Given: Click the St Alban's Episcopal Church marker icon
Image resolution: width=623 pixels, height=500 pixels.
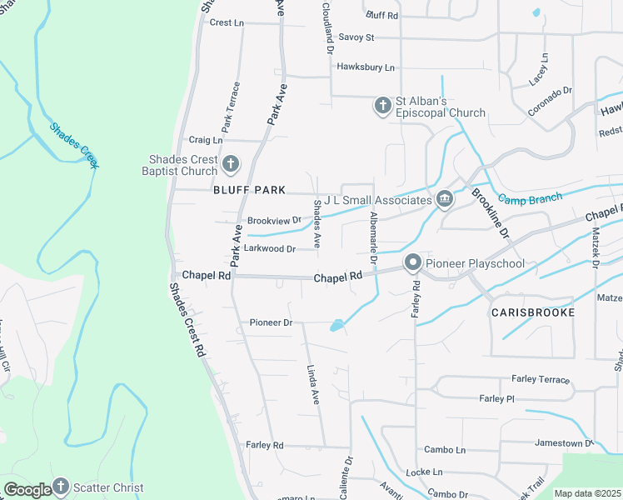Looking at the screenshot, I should click(382, 105).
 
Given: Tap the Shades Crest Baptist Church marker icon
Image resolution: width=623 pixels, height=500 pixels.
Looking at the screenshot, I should click(231, 164).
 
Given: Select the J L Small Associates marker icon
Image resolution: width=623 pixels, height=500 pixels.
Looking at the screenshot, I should click(444, 199).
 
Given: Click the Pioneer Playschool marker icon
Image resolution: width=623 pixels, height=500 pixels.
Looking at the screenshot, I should click(412, 264).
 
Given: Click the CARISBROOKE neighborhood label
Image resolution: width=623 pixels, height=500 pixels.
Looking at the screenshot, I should click(532, 312).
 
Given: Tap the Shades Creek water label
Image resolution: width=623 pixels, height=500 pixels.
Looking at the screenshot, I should click(74, 145).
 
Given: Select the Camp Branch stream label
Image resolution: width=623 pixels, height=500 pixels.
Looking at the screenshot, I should click(530, 198).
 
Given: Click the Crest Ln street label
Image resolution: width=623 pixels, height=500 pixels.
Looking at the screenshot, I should click(227, 22).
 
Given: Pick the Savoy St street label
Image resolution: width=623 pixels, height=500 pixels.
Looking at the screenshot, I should click(357, 37).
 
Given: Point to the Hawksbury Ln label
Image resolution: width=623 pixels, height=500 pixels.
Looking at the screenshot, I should click(366, 67).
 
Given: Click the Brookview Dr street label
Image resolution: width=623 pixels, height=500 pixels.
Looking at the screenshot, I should click(274, 221).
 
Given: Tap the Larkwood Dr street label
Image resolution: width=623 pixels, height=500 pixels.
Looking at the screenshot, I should click(268, 248).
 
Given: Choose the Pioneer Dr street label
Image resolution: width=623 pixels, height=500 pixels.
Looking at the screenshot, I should click(272, 322).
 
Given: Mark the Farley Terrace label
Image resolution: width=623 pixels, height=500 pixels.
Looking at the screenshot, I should click(541, 379).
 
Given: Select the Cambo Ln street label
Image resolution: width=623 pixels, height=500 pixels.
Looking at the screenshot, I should click(445, 449).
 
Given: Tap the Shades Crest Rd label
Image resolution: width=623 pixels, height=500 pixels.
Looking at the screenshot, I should click(187, 321).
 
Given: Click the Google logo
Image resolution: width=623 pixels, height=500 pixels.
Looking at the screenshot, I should click(27, 489).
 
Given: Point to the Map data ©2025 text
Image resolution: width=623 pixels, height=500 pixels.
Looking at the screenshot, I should click(587, 493).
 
